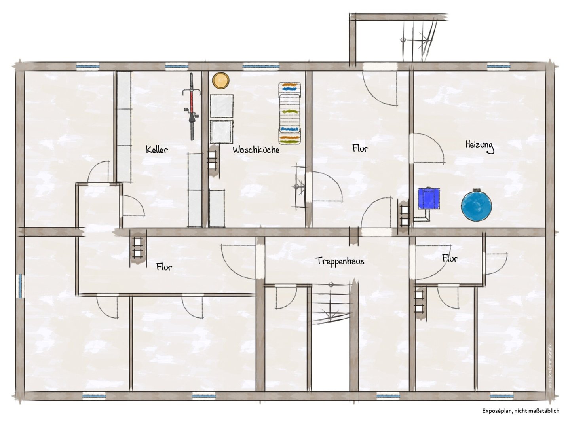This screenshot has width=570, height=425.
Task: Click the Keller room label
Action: tap(157, 150)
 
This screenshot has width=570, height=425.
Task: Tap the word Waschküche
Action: tap(256, 150)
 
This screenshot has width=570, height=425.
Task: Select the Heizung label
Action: tap(480, 146)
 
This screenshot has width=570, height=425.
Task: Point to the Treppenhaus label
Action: tap(340, 261)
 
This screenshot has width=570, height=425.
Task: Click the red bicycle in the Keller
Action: tap(191, 106)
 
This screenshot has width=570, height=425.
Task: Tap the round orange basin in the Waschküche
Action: tap(221, 80)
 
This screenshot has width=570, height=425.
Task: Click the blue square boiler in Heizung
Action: tap(429, 198)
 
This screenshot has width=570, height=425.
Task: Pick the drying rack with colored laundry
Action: tap(289, 113)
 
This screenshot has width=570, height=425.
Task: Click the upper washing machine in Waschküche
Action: tap(222, 106)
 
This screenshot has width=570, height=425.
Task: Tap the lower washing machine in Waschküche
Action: tap(221, 132)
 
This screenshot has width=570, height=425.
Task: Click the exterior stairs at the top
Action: tap(418, 40)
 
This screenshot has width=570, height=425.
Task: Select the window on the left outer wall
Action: tap(20, 286)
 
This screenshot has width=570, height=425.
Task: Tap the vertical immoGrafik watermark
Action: tap(549, 367)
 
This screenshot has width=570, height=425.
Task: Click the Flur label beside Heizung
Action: tap(360, 148)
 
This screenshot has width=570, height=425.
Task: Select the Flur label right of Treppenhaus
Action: tap(450, 258)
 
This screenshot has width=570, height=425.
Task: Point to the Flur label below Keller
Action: tap(164, 267)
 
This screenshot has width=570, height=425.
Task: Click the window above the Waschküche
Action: tap(261, 66)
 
